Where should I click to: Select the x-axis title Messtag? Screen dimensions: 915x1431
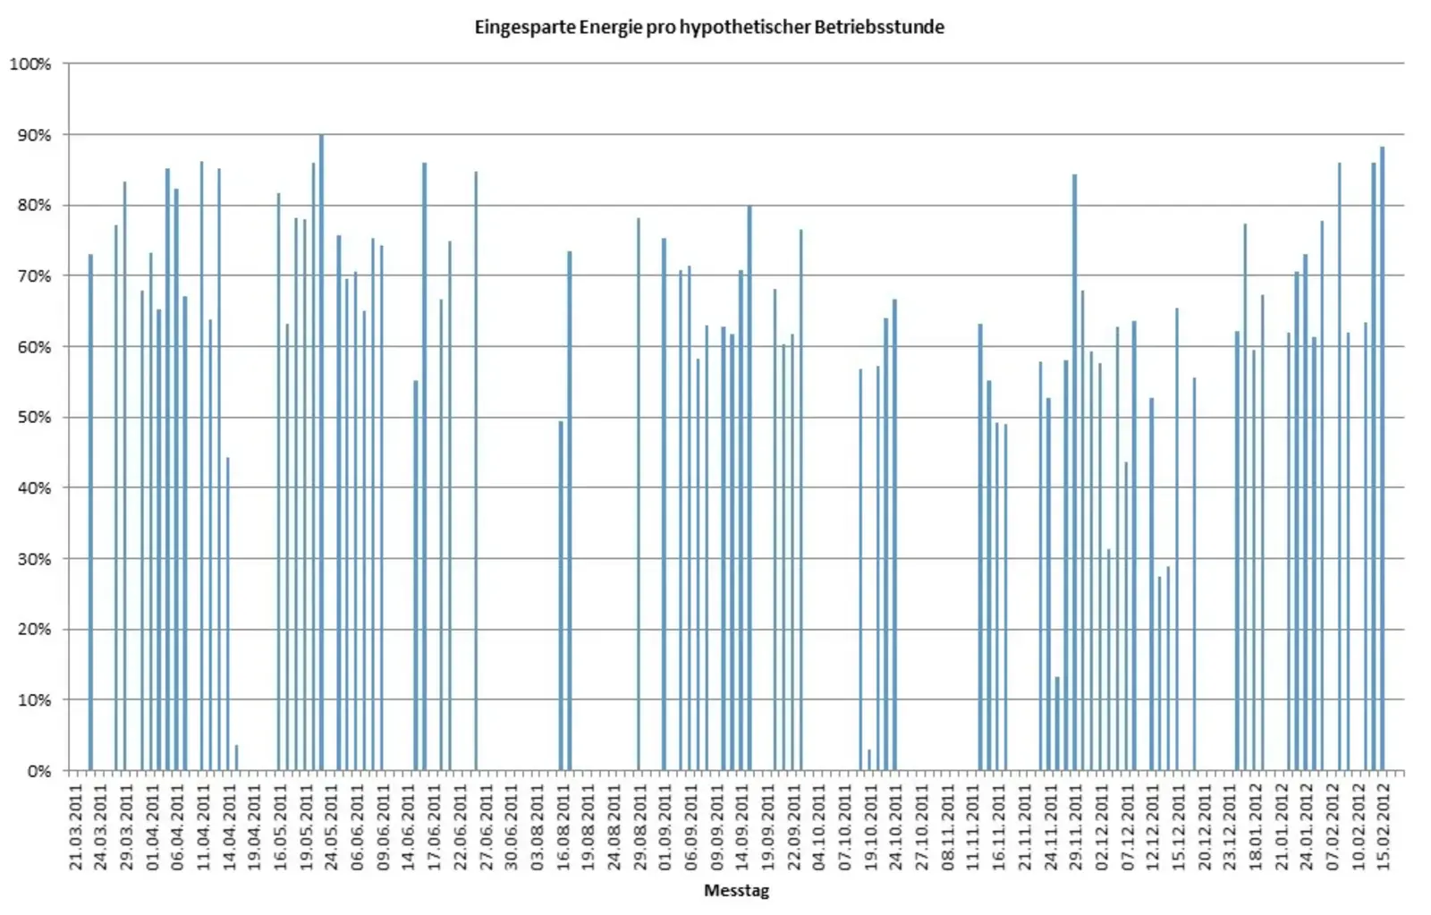coord(736,890)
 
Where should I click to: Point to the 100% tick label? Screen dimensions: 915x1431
coord(30,64)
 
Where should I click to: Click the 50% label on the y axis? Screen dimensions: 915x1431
coord(34,418)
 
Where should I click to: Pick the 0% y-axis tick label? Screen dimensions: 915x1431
coord(38,771)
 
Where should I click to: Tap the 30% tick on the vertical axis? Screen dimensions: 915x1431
coord(34,559)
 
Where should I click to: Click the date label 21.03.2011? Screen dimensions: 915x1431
coord(76,826)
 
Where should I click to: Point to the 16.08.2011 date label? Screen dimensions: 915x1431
coord(563,826)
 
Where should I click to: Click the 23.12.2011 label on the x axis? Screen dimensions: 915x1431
coord(1230,826)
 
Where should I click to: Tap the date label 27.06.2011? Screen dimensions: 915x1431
coord(487,826)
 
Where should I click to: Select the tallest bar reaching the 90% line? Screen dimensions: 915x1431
coord(321,452)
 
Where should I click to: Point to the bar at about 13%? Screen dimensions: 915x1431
coord(1057,724)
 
